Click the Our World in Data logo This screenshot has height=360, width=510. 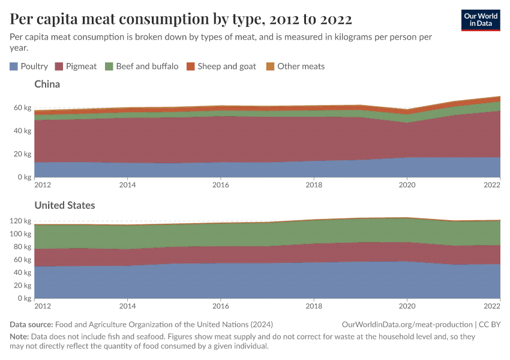click(x=480, y=19)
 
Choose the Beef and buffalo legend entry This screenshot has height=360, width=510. click(x=141, y=66)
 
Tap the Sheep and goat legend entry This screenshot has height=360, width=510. click(x=221, y=66)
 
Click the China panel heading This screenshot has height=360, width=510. click(x=47, y=84)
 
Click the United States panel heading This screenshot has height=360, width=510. click(x=64, y=205)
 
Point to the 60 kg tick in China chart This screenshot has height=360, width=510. click(x=23, y=108)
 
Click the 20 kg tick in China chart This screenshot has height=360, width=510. click(x=23, y=154)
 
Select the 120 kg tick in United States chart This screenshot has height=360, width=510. click(x=20, y=221)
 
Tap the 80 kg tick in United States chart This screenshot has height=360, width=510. click(x=23, y=247)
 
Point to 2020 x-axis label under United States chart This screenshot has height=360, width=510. click(x=407, y=307)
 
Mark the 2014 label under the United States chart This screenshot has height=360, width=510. click(x=127, y=307)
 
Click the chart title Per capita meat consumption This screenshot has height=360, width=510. click(x=181, y=19)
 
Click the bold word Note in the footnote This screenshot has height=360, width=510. click(x=20, y=337)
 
